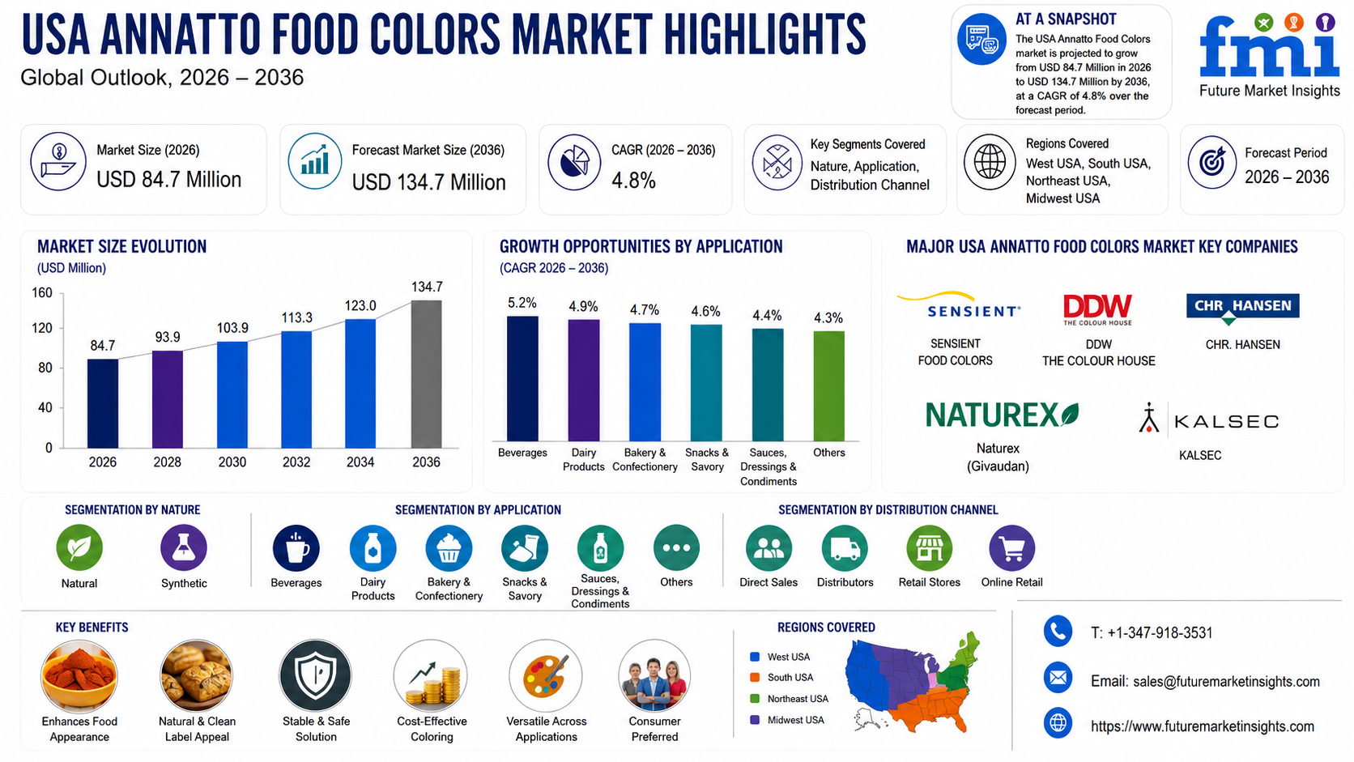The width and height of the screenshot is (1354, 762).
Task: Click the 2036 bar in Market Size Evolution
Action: pyautogui.click(x=426, y=374)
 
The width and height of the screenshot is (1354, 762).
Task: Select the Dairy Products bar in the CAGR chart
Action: pyautogui.click(x=584, y=380)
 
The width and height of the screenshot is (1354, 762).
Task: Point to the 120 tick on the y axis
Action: pyautogui.click(x=42, y=328)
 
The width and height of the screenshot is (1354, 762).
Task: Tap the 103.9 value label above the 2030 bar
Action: pyautogui.click(x=232, y=327)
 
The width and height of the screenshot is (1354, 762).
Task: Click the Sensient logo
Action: pyautogui.click(x=959, y=305)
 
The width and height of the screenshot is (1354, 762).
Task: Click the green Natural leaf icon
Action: pyautogui.click(x=79, y=547)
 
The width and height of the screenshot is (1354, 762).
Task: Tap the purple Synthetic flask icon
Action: pyautogui.click(x=184, y=547)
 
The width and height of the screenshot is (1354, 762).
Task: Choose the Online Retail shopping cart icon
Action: pyautogui.click(x=1012, y=548)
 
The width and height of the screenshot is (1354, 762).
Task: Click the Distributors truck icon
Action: pyautogui.click(x=845, y=548)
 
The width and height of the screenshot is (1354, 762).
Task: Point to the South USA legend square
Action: pyautogui.click(x=755, y=678)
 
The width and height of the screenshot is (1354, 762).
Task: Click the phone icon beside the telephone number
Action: pyautogui.click(x=1058, y=632)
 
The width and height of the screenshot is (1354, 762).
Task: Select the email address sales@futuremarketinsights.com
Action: pyautogui.click(x=1226, y=682)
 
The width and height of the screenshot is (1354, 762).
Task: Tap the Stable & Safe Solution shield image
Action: pyautogui.click(x=316, y=675)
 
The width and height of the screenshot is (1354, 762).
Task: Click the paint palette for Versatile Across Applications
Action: pyautogui.click(x=546, y=675)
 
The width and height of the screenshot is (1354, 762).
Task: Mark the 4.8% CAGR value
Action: pyautogui.click(x=633, y=180)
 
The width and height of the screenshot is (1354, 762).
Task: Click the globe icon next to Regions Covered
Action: pyautogui.click(x=990, y=162)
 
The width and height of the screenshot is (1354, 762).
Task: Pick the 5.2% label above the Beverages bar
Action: pyautogui.click(x=522, y=303)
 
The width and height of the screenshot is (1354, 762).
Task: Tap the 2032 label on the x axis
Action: pyautogui.click(x=296, y=462)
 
